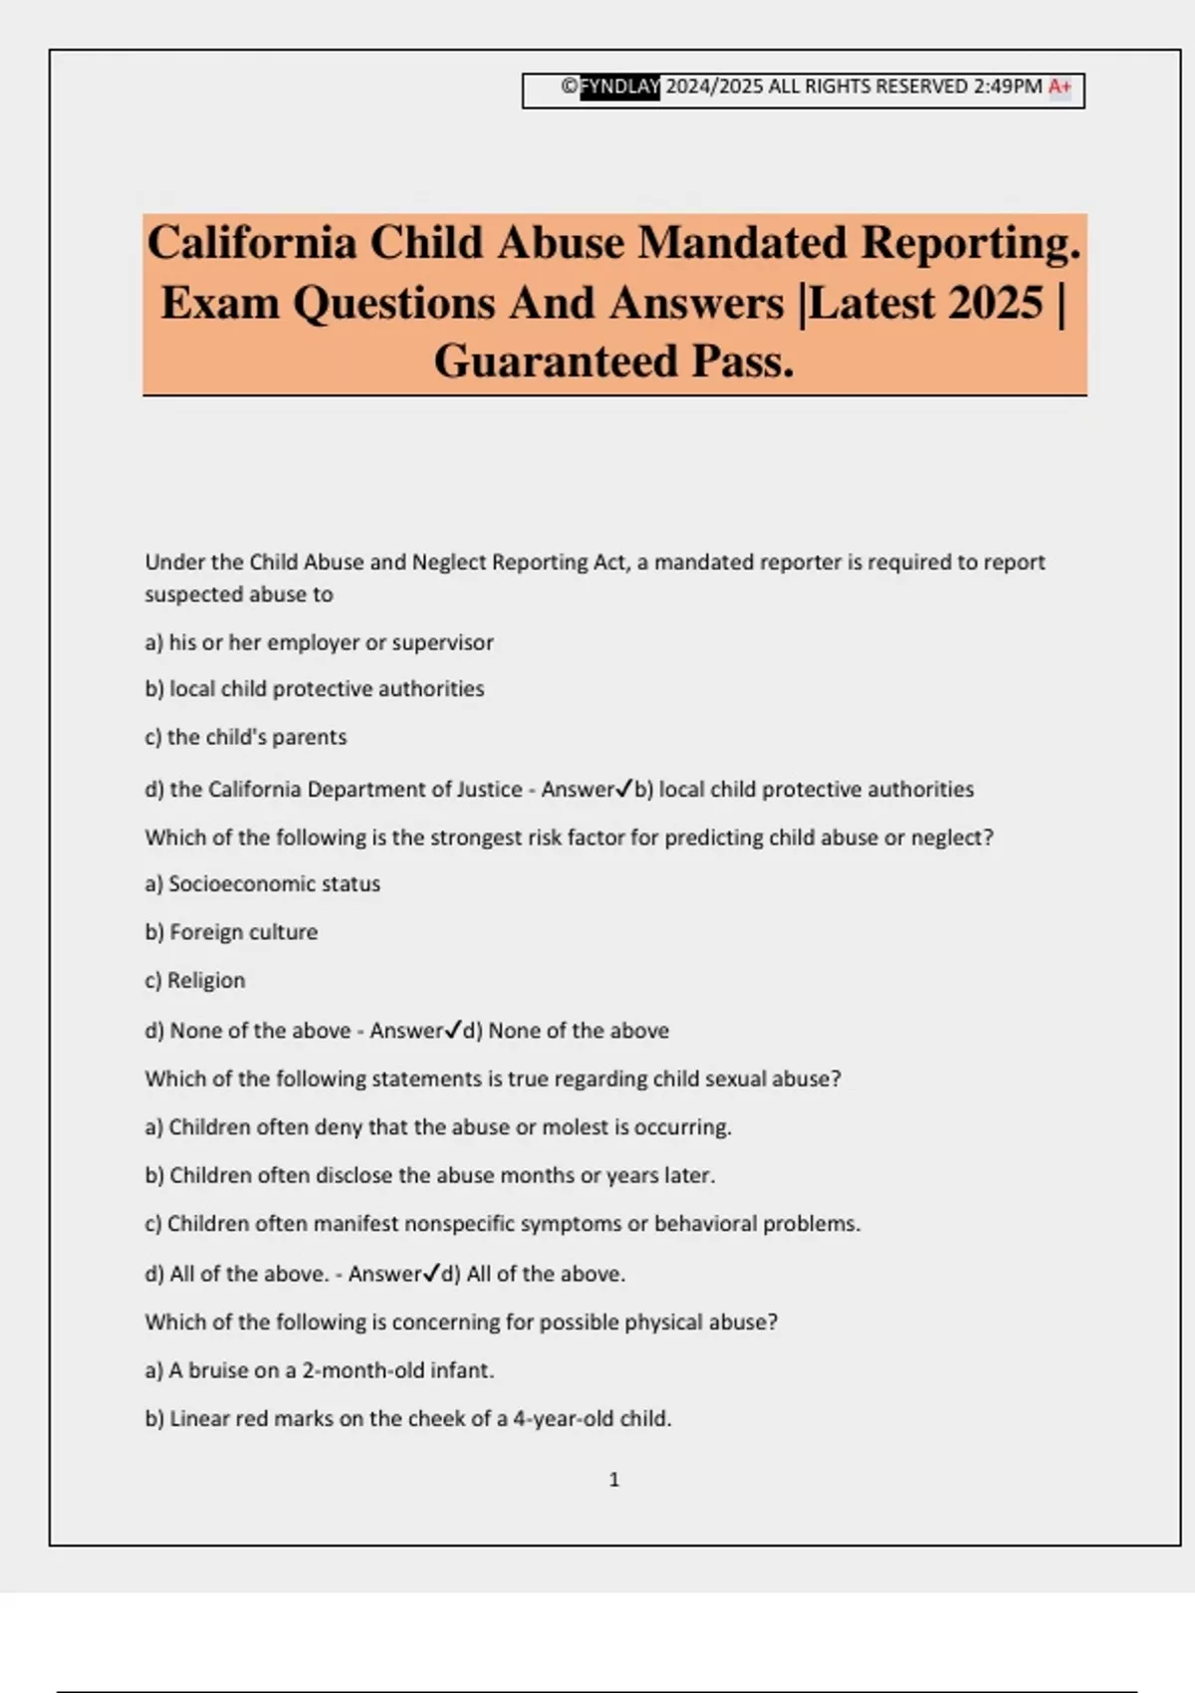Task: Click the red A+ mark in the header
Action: pyautogui.click(x=1060, y=87)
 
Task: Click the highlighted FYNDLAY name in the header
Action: pyautogui.click(x=619, y=87)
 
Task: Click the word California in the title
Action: pyautogui.click(x=252, y=243)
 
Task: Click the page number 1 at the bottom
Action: pyautogui.click(x=613, y=1480)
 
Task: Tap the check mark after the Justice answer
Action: pyautogui.click(x=624, y=789)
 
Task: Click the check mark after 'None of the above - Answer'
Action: pyautogui.click(x=453, y=1030)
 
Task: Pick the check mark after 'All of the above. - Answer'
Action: pyautogui.click(x=431, y=1273)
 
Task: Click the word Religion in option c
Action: pyautogui.click(x=206, y=980)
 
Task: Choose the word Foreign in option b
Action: pyautogui.click(x=203, y=932)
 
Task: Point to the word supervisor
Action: pyautogui.click(x=442, y=642)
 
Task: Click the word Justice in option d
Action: pyautogui.click(x=489, y=789)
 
